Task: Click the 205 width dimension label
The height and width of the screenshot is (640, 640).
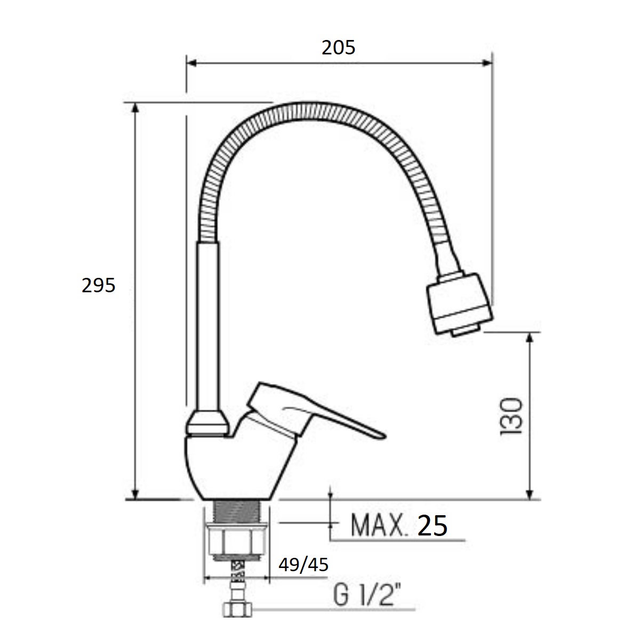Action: tap(338, 47)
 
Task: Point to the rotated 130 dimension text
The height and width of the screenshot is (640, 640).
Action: tap(511, 417)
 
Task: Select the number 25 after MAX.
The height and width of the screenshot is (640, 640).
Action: tap(432, 525)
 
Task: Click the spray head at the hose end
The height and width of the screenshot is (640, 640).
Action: tap(459, 304)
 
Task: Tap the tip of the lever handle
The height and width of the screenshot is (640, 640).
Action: tap(385, 437)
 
